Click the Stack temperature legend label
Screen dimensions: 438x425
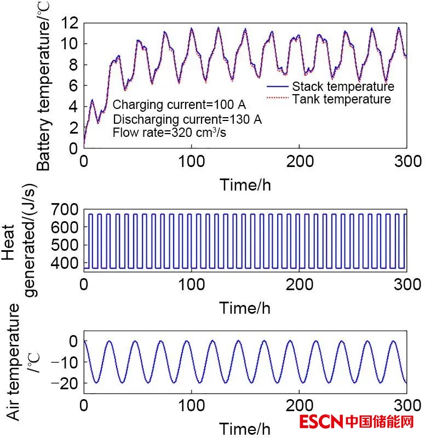tap(343, 87)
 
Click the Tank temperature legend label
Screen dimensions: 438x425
tap(341, 99)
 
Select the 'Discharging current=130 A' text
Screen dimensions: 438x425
tap(187, 119)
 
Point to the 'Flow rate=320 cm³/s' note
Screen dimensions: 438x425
tap(170, 132)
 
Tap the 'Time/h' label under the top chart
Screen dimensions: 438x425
tap(245, 185)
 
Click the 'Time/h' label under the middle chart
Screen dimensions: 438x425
tap(245, 308)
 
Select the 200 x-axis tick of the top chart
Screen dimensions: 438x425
tap(299, 162)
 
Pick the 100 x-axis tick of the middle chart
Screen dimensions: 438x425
tap(192, 285)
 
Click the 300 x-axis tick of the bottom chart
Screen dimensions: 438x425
tap(406, 406)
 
